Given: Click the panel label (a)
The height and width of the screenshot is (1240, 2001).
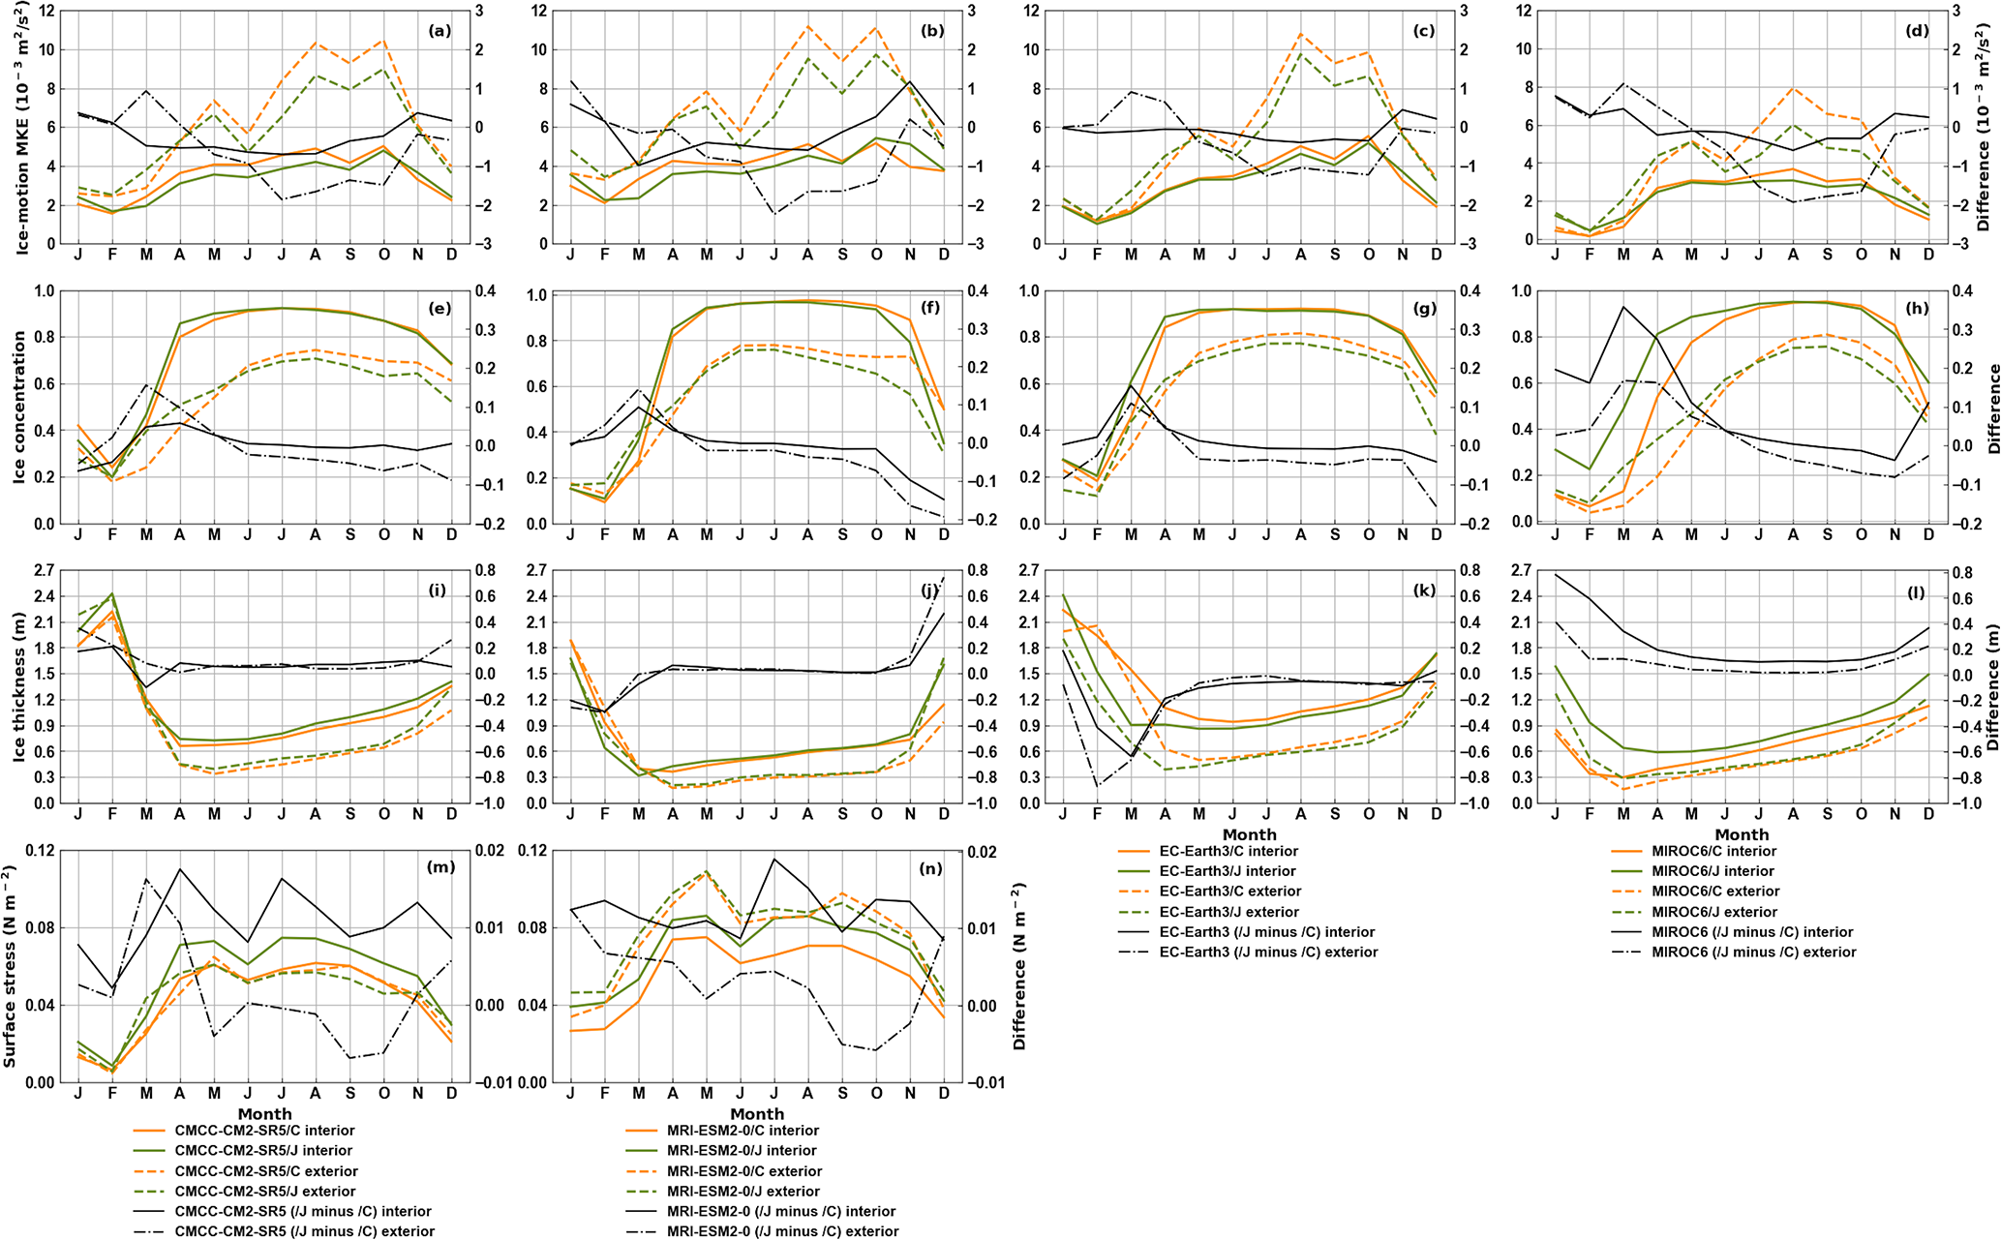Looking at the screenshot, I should point(440,31).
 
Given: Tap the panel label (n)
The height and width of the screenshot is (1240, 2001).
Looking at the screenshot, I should point(932,868).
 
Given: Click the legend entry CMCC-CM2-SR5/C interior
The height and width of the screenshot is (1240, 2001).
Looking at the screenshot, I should point(264,1130).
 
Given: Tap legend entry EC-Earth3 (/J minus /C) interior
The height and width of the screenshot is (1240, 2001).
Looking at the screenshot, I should point(1266,931).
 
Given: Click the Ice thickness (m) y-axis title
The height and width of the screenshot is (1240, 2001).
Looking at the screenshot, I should point(19,686).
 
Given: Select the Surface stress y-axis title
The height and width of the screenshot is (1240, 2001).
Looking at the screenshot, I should point(10,966).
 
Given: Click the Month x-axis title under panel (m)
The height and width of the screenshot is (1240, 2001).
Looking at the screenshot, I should point(264,1114).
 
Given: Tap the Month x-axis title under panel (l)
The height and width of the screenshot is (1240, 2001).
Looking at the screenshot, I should point(1742,834).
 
